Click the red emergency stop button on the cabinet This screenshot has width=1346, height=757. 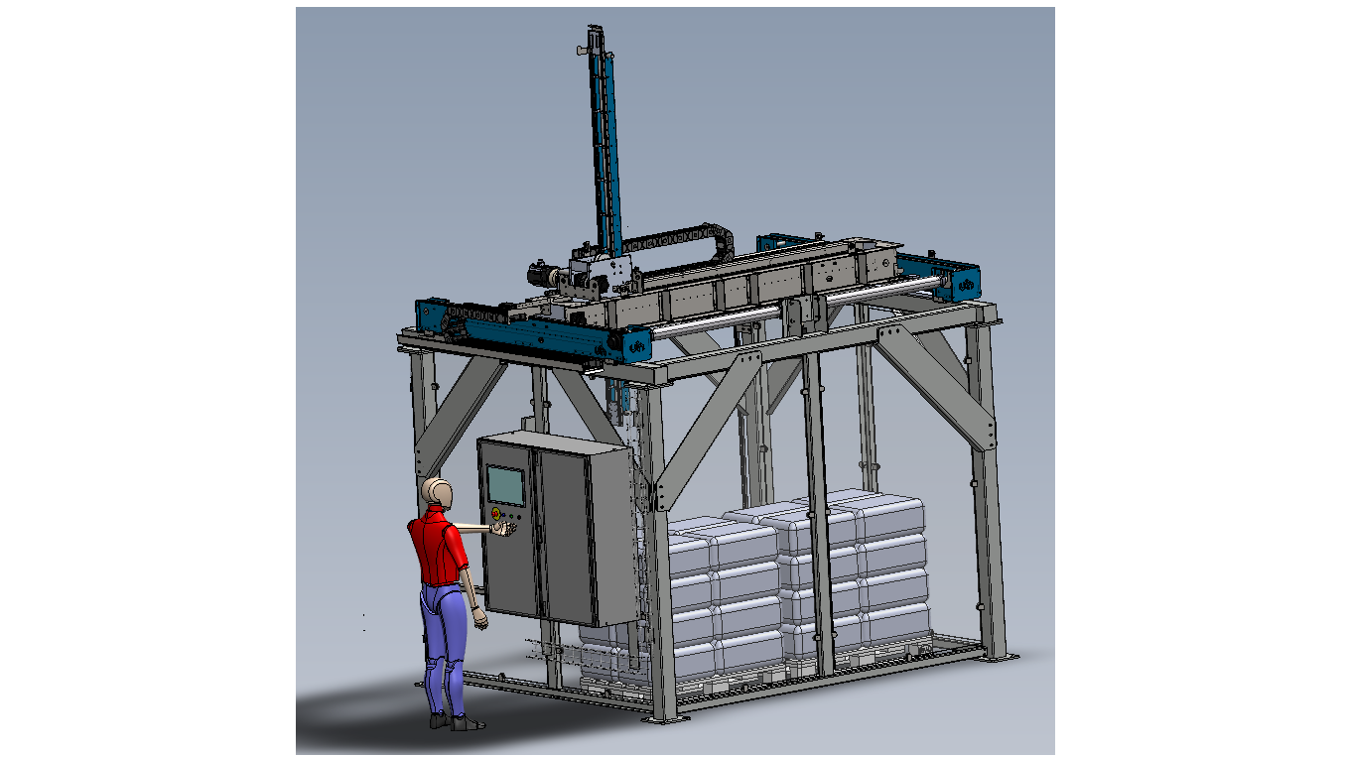tap(495, 513)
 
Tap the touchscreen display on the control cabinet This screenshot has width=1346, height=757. tap(504, 484)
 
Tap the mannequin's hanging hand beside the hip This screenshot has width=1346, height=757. tap(480, 620)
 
